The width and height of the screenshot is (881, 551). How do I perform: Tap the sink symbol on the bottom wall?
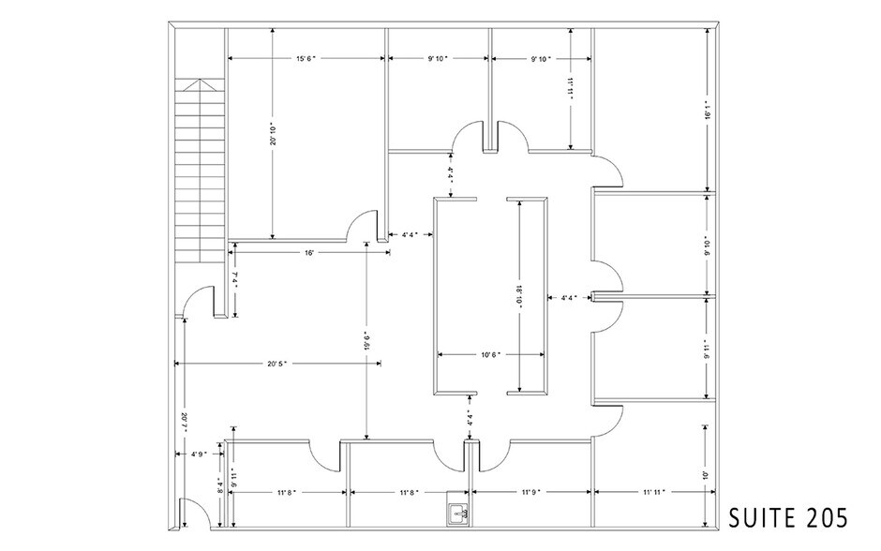coord(458,512)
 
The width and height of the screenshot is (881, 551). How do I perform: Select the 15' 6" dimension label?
coord(306,58)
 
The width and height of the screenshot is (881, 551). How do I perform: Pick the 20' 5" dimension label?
coord(275,363)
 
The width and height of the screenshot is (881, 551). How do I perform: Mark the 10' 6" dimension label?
coord(492,354)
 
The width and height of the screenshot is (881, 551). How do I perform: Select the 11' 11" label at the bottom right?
coord(654,491)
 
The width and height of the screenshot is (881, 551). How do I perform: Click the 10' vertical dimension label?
coord(705,475)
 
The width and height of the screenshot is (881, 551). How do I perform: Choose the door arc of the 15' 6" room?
coord(357,226)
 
